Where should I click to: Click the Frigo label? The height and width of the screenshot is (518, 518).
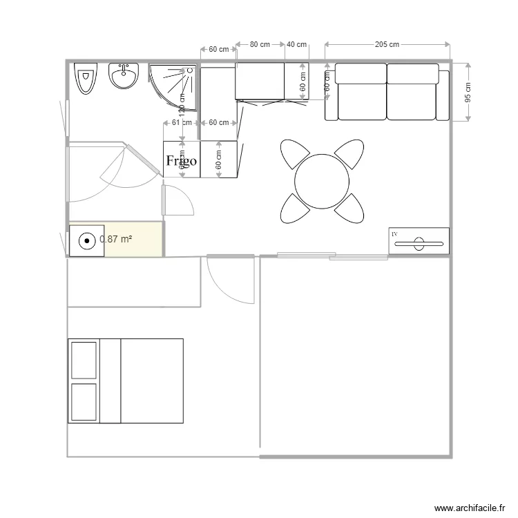182,161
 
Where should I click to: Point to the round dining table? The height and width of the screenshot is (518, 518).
322,181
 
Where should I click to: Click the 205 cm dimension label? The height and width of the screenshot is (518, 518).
387,45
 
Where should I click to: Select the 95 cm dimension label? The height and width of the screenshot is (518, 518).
468,93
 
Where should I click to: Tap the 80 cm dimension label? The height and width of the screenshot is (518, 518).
260,45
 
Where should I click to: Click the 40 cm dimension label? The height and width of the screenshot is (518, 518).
296,45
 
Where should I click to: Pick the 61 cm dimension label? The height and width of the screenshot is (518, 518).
181,123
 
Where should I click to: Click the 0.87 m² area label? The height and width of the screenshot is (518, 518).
116,239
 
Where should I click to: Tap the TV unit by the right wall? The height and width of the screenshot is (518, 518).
419,241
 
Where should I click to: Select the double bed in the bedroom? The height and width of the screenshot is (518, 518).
126,381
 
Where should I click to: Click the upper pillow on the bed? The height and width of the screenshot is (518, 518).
84,360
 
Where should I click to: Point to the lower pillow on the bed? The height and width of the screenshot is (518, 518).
84,401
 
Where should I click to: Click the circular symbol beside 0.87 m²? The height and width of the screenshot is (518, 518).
86,242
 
